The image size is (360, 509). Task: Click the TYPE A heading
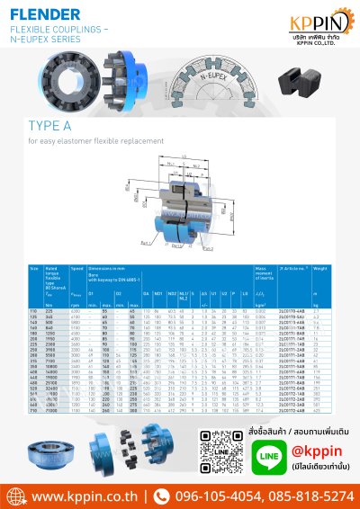[50, 126]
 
